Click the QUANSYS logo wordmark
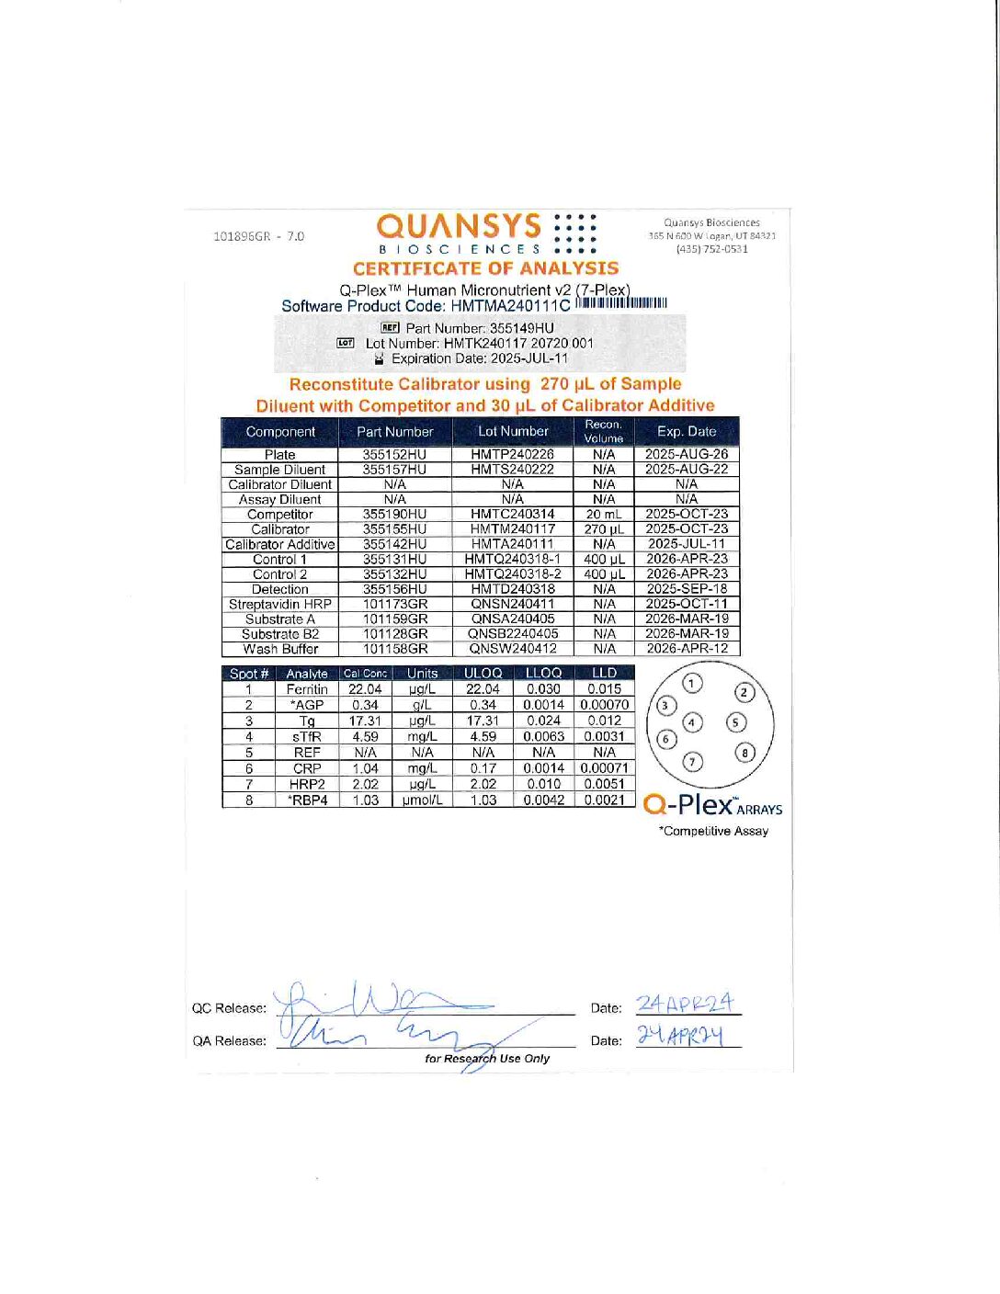459,226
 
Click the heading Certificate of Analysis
485,268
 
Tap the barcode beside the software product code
621,303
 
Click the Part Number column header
394,431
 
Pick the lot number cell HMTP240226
512,454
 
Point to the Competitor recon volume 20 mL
604,514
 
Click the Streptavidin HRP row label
279,604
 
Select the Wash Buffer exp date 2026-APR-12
687,648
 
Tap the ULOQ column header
483,673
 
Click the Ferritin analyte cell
307,689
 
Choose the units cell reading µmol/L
422,800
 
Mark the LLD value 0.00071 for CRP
604,768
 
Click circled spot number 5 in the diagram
736,722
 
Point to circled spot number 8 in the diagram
744,753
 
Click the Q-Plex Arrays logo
712,805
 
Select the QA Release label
229,1040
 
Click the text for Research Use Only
487,1058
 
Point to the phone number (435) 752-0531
712,248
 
